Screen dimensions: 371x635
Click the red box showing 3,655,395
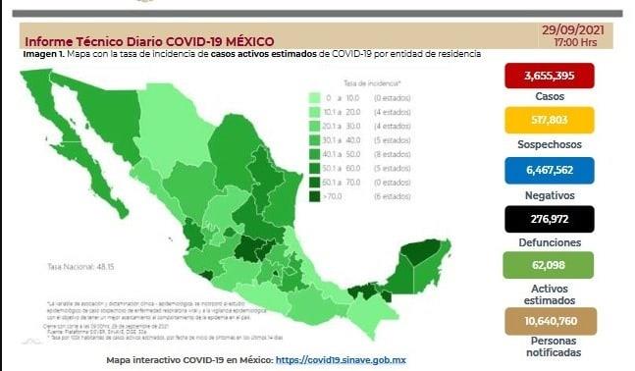pos(551,77)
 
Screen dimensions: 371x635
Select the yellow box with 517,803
pos(551,122)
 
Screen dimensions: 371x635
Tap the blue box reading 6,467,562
pos(551,170)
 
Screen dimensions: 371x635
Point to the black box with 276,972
pos(551,218)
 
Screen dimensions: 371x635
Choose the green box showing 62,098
pos(551,266)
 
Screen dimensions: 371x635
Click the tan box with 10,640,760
pos(551,320)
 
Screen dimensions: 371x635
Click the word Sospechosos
pos(551,144)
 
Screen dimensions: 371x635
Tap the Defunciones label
pos(551,241)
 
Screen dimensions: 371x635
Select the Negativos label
pos(551,193)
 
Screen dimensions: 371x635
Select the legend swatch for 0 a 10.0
pos(315,99)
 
